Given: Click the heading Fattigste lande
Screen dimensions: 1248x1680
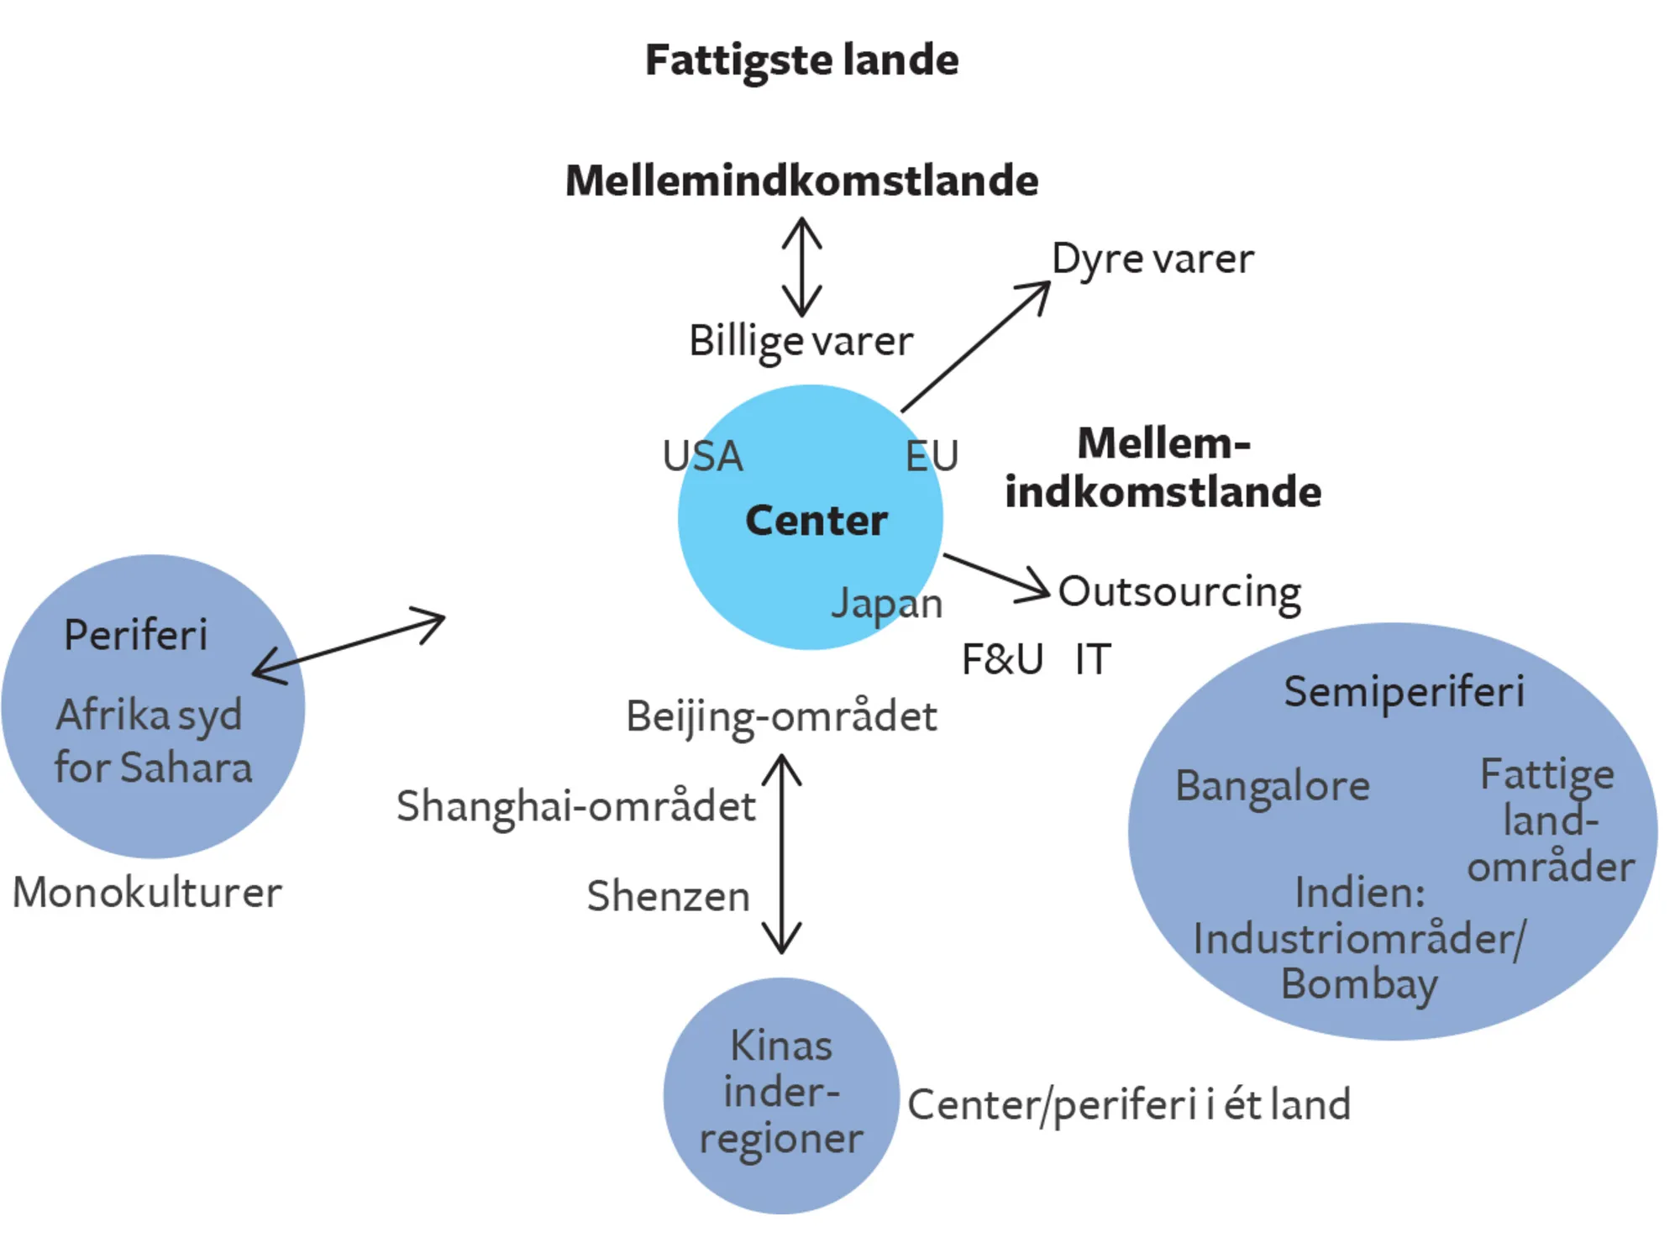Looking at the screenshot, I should tap(801, 60).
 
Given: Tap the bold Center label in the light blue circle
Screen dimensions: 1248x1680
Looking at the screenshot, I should tap(816, 521).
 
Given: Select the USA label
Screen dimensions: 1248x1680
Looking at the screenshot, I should tap(702, 456).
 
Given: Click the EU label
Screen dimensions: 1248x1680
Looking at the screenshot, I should tap(932, 456).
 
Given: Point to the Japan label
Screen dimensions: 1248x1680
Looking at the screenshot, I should tap(887, 604).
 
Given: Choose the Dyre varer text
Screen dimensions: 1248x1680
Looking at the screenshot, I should tap(1152, 260).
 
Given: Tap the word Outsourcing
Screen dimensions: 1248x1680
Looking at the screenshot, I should tap(1179, 592).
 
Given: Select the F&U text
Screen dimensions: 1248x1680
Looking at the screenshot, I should tap(1002, 659).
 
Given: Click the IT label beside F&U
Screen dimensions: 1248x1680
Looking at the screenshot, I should tap(1093, 659).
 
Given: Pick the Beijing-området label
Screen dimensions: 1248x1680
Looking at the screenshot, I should tap(781, 717).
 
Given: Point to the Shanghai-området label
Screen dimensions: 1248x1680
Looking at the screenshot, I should tap(576, 807).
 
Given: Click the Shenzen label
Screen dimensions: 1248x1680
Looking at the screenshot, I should tap(668, 896).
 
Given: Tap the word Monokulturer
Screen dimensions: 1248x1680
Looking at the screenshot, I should tap(147, 893).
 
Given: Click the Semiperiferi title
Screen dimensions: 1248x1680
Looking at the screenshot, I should tap(1404, 692).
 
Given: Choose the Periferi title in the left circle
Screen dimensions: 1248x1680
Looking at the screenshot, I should tap(135, 635).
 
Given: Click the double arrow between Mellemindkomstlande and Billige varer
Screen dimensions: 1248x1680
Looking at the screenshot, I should tap(801, 267).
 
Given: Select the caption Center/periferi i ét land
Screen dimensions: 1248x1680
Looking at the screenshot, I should tap(1129, 1105).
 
